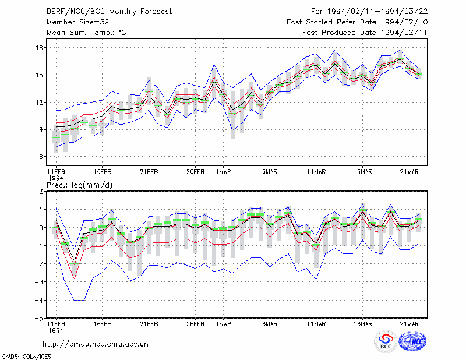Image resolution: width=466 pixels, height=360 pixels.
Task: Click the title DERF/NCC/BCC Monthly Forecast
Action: (109, 12)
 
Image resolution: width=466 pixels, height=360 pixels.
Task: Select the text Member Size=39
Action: (77, 22)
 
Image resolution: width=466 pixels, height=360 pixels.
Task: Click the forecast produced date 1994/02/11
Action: (404, 33)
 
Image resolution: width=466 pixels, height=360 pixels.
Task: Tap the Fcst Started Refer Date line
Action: (357, 22)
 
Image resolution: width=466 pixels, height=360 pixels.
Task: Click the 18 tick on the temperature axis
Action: (40, 48)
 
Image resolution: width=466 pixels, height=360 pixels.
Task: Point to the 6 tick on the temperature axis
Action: (41, 157)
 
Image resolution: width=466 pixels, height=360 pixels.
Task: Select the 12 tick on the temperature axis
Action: (40, 103)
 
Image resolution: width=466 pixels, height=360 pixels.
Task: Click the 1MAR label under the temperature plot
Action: (224, 172)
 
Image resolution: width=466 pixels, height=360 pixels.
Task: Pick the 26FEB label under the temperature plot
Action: (195, 172)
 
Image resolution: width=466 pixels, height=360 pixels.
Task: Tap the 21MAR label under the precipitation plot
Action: (409, 324)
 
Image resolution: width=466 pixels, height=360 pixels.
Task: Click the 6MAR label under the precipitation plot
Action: (270, 324)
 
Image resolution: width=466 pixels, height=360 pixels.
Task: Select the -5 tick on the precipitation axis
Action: (38, 318)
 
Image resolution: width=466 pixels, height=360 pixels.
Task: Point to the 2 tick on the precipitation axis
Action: (41, 192)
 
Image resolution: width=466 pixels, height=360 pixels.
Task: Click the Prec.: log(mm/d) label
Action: (79, 185)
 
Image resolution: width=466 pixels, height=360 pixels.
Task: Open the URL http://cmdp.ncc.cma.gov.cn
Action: (96, 344)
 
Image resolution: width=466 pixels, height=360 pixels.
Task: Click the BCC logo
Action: (386, 341)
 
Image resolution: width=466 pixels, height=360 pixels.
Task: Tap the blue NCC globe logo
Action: (412, 341)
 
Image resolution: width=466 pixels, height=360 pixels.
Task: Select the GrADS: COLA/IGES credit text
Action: (26, 357)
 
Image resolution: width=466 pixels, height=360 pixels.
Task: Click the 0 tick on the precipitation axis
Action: (41, 228)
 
